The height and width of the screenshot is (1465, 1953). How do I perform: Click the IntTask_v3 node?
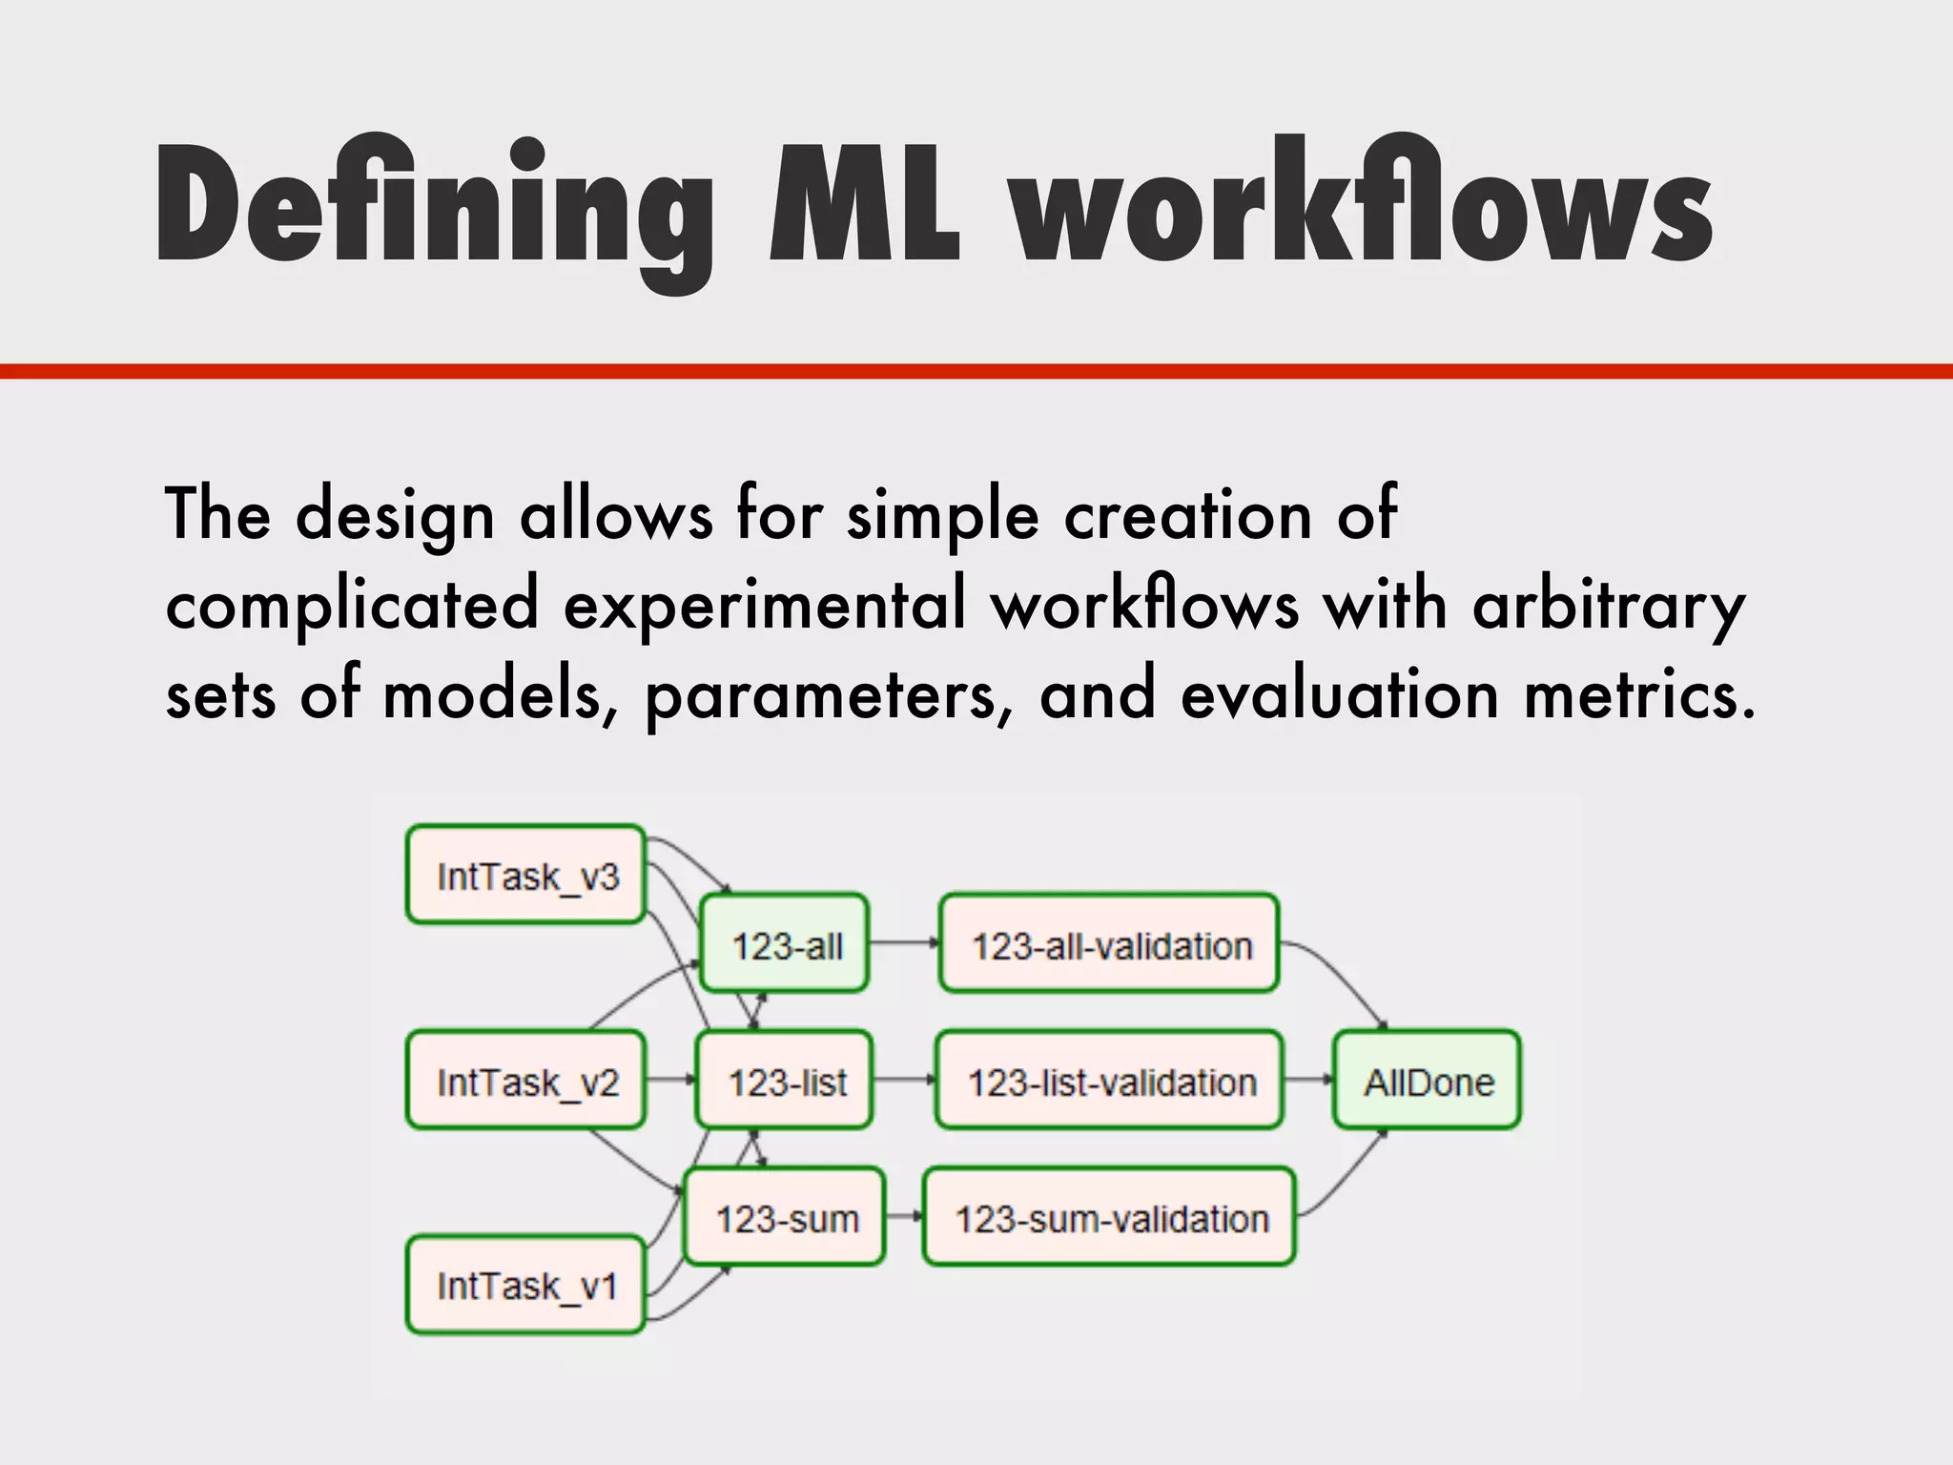click(526, 875)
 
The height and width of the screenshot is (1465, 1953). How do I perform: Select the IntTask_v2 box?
click(526, 1081)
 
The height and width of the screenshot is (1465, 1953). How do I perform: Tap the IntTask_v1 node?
click(526, 1285)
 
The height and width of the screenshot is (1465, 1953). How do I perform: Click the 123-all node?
click(785, 944)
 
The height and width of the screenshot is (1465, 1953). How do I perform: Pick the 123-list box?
click(785, 1081)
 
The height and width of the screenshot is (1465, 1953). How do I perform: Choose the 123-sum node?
click(785, 1217)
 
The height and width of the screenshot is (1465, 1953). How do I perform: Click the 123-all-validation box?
click(1109, 944)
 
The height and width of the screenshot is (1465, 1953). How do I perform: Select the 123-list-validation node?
click(1110, 1081)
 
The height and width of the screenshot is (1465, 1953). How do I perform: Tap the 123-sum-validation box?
click(1110, 1217)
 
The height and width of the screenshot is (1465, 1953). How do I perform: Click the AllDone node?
click(1428, 1081)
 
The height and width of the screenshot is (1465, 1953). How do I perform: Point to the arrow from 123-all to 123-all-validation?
click(904, 943)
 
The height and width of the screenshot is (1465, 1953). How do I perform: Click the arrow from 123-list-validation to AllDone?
click(1308, 1080)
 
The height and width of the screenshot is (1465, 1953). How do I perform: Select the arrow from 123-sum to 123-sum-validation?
click(904, 1216)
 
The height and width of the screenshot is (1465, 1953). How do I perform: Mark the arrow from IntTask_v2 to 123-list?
click(671, 1080)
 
